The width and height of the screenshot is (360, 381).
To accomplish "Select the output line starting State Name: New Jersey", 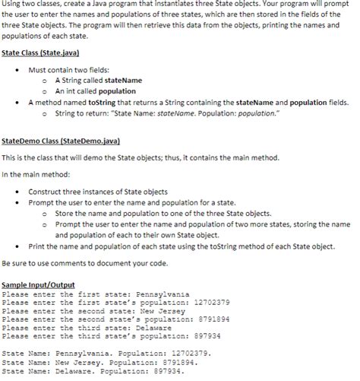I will pos(99,363).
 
